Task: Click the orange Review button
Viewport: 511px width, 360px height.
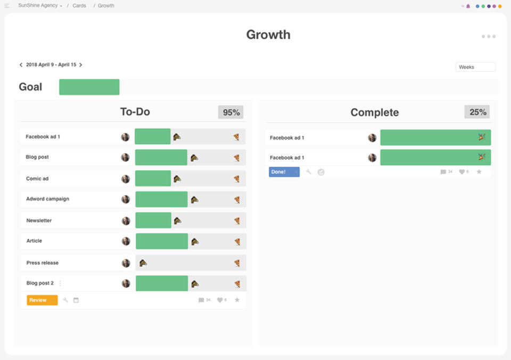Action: point(42,300)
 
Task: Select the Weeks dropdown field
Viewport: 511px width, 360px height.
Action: point(475,67)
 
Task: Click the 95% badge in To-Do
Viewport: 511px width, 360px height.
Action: point(231,112)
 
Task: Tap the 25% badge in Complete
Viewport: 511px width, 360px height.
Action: point(477,112)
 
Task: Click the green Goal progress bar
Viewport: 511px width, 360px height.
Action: point(89,87)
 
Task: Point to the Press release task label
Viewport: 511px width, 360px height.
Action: point(43,263)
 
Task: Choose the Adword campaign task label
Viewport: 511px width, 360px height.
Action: point(48,199)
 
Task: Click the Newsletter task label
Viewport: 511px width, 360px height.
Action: point(39,220)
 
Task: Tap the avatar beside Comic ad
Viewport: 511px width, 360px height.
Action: point(126,179)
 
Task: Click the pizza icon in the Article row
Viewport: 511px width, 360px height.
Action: point(237,242)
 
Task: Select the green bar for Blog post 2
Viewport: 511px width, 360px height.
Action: point(162,283)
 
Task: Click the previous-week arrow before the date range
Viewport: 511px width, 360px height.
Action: point(21,65)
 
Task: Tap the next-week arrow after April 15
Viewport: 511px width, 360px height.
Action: point(81,65)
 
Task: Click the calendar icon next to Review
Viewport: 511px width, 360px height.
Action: point(76,300)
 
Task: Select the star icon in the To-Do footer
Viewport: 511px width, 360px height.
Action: point(237,300)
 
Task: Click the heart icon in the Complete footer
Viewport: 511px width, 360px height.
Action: point(461,172)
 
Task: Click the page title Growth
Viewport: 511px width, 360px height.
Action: point(268,35)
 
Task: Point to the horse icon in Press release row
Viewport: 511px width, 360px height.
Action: point(143,263)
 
